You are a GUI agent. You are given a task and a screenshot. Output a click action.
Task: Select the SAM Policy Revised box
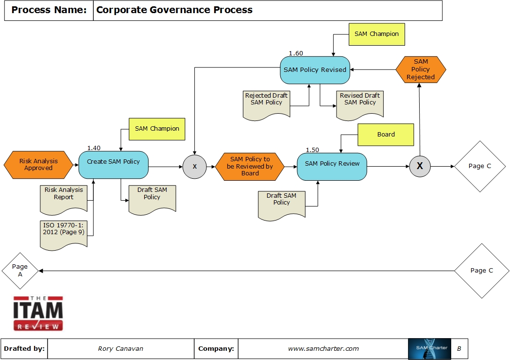tap(315, 70)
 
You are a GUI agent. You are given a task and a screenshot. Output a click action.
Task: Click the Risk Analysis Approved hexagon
tap(38, 165)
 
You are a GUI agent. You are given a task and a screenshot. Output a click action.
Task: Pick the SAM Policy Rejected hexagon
tap(421, 69)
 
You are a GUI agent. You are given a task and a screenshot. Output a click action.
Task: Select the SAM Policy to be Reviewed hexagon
tap(250, 166)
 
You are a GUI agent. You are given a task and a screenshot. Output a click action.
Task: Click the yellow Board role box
tap(386, 135)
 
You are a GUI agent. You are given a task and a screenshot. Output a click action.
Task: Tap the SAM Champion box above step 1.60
tap(376, 34)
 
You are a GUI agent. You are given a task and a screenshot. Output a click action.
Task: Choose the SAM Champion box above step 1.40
tap(157, 129)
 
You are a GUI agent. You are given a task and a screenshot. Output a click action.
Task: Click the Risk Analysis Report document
tap(64, 197)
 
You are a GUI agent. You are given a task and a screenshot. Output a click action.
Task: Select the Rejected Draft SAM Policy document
tap(266, 103)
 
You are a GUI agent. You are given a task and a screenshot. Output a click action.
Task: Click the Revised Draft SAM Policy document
tap(360, 103)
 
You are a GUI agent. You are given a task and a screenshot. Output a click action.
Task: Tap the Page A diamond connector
tap(20, 271)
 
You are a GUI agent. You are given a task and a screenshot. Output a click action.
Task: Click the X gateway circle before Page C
tap(420, 166)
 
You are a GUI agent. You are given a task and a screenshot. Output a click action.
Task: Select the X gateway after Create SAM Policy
tap(195, 167)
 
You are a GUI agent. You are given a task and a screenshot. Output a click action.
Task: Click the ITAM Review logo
tap(38, 313)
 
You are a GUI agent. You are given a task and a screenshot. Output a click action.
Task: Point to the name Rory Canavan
tap(120, 348)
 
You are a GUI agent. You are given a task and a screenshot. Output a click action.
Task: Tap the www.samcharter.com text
tap(323, 348)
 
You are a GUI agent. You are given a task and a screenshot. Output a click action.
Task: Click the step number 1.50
tap(312, 150)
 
